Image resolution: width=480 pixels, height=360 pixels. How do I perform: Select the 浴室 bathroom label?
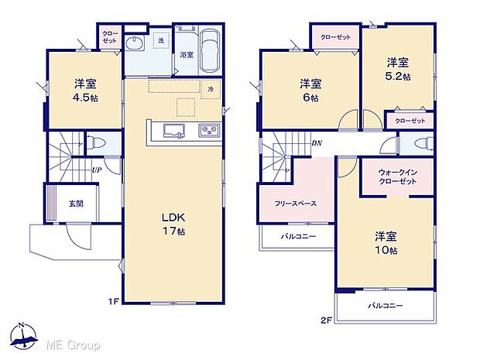(x=187, y=55)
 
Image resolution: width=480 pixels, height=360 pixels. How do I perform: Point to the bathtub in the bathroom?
(x=211, y=50)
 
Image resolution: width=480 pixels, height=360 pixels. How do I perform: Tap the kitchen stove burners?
(x=208, y=129)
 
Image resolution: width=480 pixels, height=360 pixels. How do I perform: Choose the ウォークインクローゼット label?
(x=398, y=177)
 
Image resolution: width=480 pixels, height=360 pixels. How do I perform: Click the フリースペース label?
(x=294, y=204)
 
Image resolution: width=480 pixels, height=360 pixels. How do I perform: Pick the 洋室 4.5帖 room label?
(x=85, y=91)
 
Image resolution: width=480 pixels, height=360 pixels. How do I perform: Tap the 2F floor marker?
(x=327, y=318)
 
